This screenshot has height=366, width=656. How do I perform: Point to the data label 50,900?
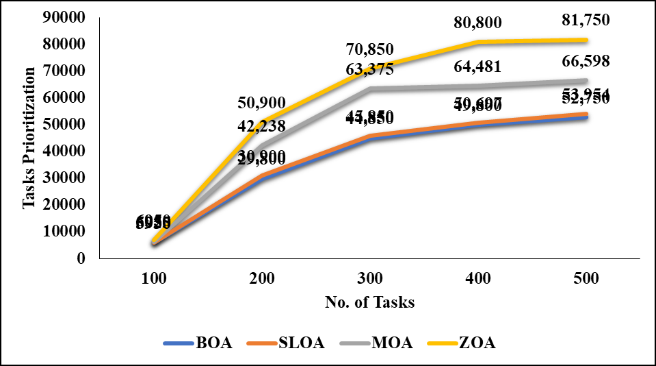[263, 103]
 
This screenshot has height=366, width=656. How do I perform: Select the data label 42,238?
[263, 126]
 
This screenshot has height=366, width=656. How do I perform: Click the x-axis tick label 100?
[155, 279]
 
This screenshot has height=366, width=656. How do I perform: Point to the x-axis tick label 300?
[371, 279]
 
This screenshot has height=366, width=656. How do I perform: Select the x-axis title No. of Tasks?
[371, 302]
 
